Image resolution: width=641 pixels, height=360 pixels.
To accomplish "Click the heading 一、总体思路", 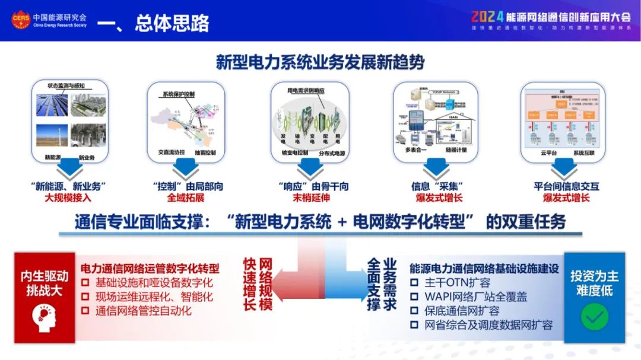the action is [153, 23].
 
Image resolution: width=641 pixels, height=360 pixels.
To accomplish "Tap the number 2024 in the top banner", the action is [487, 16].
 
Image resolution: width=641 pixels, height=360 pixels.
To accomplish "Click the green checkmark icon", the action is [594, 317].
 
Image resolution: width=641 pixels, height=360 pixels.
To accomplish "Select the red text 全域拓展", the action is [185, 197].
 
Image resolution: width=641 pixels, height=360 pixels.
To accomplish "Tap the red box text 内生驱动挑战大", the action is [45, 283].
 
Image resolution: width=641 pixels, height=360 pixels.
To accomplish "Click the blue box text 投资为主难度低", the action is [594, 283].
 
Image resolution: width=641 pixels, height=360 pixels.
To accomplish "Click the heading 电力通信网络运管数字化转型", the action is [150, 268].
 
